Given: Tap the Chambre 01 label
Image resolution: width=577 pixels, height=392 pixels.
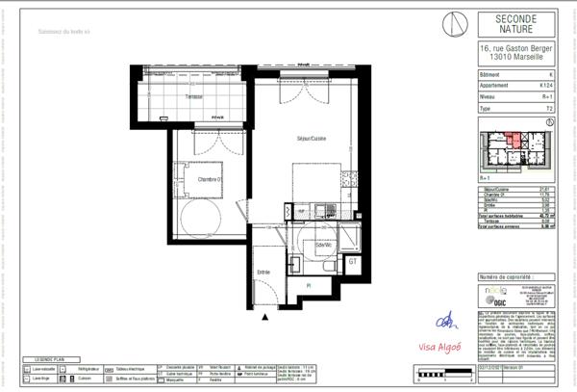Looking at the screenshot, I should [x=212, y=179].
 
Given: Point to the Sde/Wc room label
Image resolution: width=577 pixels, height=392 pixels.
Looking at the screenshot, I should [x=323, y=246].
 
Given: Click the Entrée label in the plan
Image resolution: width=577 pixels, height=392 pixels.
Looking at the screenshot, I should [x=263, y=273].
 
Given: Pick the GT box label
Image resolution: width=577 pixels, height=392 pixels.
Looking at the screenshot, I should [x=353, y=261].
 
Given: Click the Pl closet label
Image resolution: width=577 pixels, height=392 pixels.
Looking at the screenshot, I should [x=308, y=286].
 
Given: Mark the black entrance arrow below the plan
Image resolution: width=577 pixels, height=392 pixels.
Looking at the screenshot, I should [x=264, y=317].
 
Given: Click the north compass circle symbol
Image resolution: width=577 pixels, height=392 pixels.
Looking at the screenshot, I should [x=457, y=23].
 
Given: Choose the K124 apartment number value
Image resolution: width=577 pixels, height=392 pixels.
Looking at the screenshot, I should [x=545, y=86].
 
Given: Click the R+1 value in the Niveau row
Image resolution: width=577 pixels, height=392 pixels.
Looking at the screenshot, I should [x=545, y=96].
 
